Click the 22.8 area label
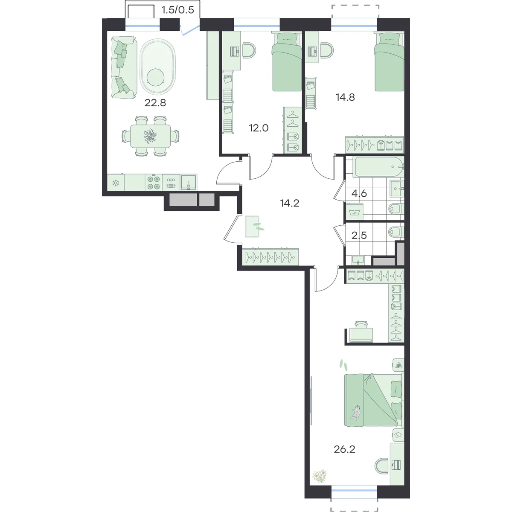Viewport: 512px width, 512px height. (155, 103)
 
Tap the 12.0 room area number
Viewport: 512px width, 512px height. (259, 128)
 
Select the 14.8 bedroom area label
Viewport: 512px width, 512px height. (345, 97)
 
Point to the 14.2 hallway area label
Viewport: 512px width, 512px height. (290, 203)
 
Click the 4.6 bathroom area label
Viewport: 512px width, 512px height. (359, 193)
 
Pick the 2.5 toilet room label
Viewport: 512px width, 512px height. (359, 236)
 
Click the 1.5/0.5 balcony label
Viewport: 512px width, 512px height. (178, 10)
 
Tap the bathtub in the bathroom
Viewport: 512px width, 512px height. (378, 167)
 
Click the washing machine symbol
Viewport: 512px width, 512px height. (355, 212)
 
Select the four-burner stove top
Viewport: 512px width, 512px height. (154, 183)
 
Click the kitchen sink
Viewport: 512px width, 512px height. (189, 182)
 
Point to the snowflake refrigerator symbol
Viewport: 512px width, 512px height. (116, 183)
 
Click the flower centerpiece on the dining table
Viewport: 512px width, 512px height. (150, 135)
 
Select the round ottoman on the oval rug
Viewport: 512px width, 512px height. (155, 77)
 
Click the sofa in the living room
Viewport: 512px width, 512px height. (124, 67)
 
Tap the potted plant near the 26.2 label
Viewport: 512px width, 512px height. (320, 476)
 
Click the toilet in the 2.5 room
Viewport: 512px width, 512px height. (396, 232)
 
